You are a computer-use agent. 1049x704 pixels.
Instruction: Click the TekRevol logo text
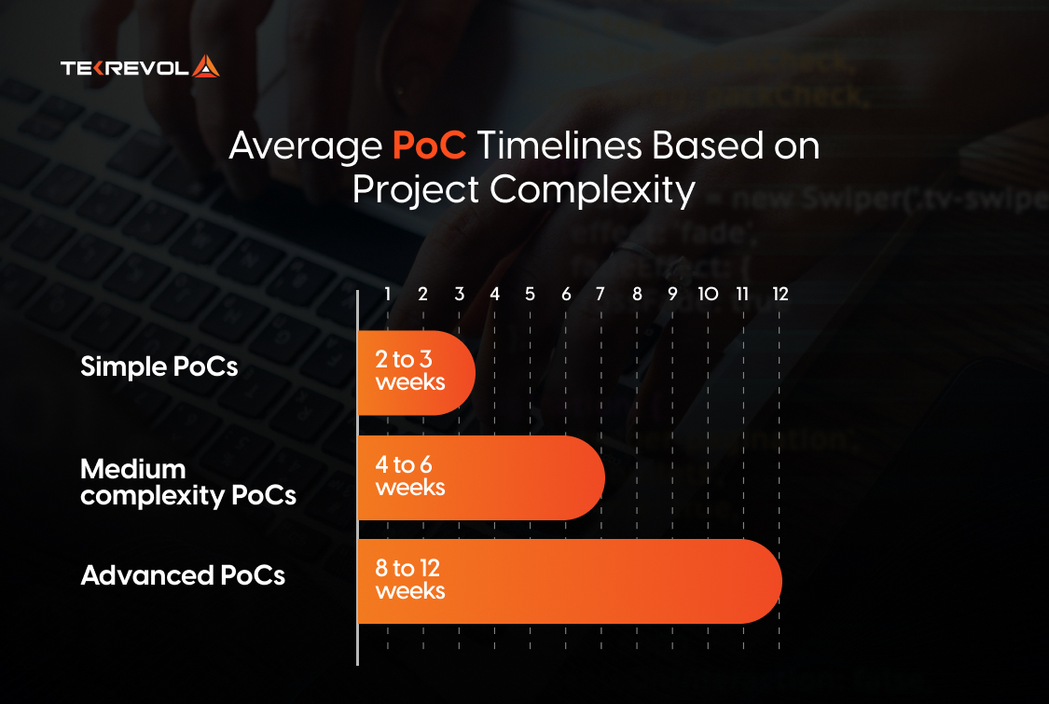(125, 68)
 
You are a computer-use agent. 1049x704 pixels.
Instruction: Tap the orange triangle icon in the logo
(206, 66)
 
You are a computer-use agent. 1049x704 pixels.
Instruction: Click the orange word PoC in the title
(429, 145)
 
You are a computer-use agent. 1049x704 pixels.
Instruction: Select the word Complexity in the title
(592, 190)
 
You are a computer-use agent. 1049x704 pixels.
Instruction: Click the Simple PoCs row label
(159, 366)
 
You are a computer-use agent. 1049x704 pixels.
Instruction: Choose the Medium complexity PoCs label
(188, 482)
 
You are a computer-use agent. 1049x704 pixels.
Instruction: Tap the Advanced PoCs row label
(183, 575)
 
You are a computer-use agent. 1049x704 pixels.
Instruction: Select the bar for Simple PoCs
(417, 373)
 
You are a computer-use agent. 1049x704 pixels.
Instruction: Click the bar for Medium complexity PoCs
(482, 477)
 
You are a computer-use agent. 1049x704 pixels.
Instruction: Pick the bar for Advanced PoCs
(570, 582)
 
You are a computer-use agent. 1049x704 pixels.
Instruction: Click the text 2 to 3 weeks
(410, 371)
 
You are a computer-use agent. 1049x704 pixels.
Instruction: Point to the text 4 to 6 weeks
(410, 476)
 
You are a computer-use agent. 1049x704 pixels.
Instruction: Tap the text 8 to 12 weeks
(410, 580)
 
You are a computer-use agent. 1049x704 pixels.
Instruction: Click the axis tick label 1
(387, 294)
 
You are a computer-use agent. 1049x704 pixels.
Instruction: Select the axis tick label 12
(780, 294)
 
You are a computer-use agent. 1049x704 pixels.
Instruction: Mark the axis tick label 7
(600, 294)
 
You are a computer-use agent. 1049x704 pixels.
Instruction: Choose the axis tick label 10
(708, 294)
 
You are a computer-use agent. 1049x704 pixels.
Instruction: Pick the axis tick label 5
(530, 294)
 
